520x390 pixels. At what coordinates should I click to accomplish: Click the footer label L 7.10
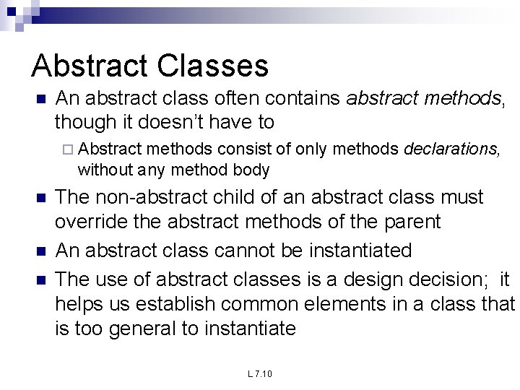pos(259,373)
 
